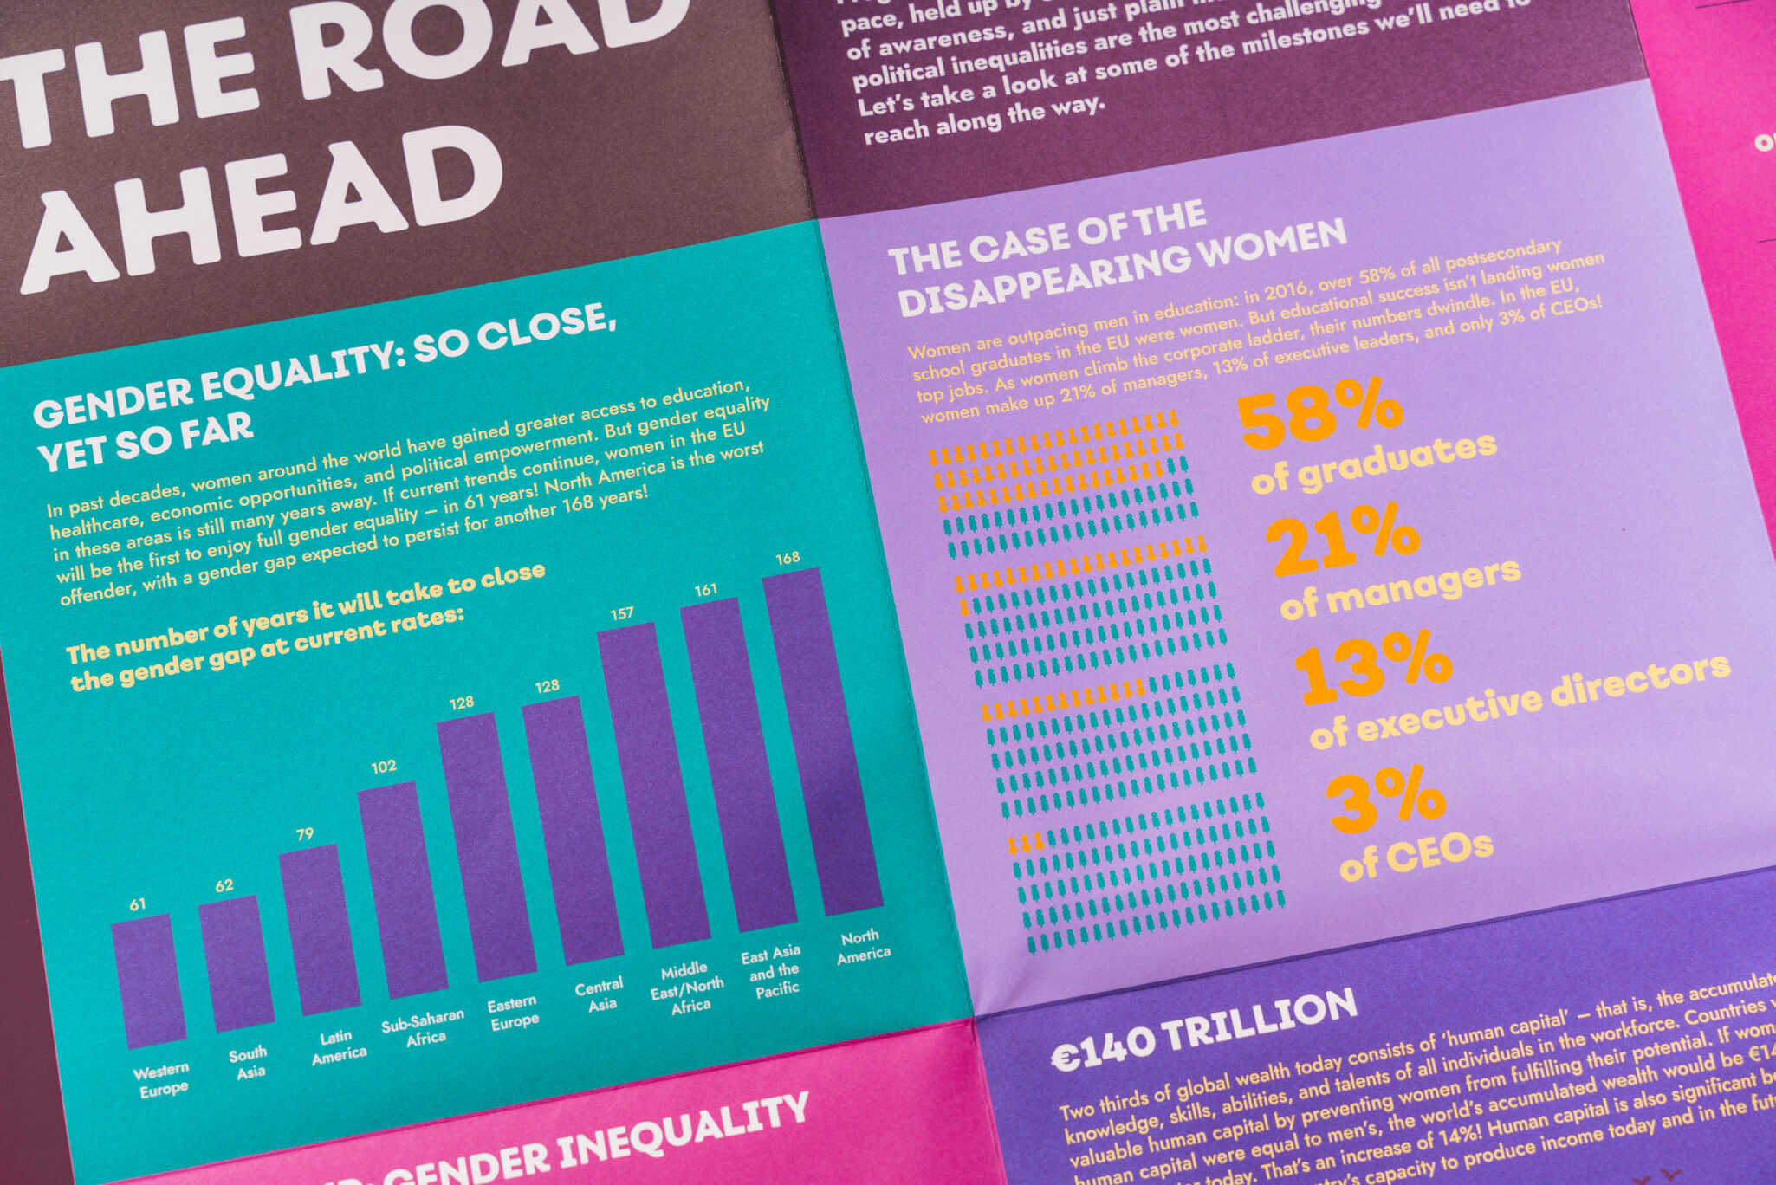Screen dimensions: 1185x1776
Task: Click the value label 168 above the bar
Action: coord(788,559)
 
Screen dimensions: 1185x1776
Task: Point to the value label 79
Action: coord(305,835)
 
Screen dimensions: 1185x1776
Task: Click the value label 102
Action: coord(384,767)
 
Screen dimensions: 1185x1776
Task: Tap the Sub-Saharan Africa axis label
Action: coord(424,1027)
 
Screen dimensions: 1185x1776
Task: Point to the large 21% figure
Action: coord(1343,539)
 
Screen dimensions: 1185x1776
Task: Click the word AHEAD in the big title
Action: coord(260,208)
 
